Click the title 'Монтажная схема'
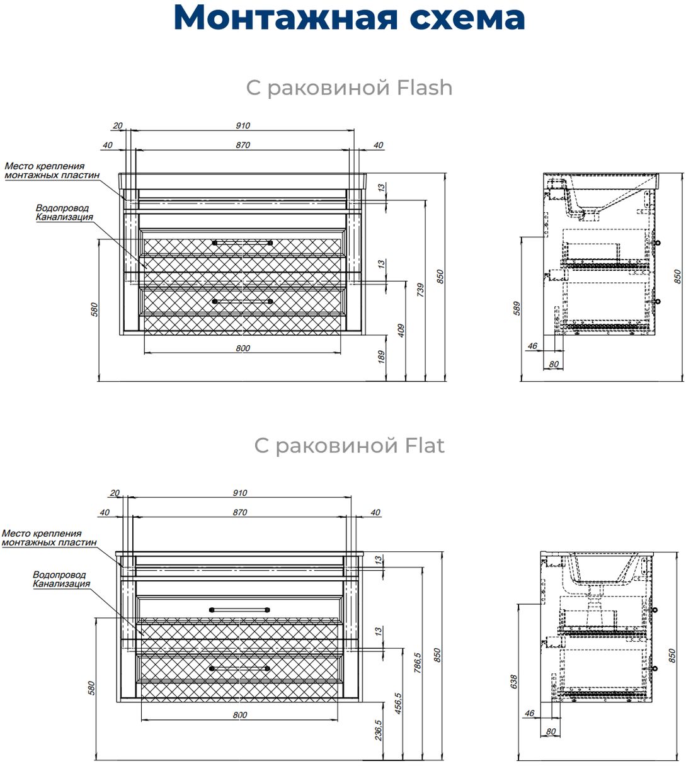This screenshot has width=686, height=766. tap(348, 18)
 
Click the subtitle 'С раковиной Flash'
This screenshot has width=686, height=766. tap(349, 88)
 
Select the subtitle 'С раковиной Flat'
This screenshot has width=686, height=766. tap(349, 445)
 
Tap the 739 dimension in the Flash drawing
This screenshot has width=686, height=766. tap(420, 290)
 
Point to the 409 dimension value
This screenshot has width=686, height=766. tap(401, 331)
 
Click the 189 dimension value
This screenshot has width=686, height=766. tap(381, 357)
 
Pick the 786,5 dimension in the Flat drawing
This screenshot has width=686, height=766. tap(417, 663)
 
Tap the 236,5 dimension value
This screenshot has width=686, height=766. tap(378, 730)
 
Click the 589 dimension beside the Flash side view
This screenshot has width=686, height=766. tap(517, 308)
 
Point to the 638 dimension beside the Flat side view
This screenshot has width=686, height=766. tap(514, 682)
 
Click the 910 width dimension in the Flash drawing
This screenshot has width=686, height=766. tap(243, 125)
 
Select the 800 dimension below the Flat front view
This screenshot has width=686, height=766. tap(240, 715)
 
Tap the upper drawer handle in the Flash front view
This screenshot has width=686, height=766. tap(243, 241)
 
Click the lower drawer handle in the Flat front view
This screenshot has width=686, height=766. tap(240, 668)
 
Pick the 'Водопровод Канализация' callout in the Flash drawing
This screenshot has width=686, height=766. tap(64, 212)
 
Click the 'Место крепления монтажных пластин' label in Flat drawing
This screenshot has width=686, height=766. tap(49, 537)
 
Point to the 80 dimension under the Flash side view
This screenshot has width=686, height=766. tap(554, 363)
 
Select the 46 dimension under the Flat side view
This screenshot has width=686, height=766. tap(530, 714)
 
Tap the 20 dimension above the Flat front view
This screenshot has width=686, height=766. tap(115, 493)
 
